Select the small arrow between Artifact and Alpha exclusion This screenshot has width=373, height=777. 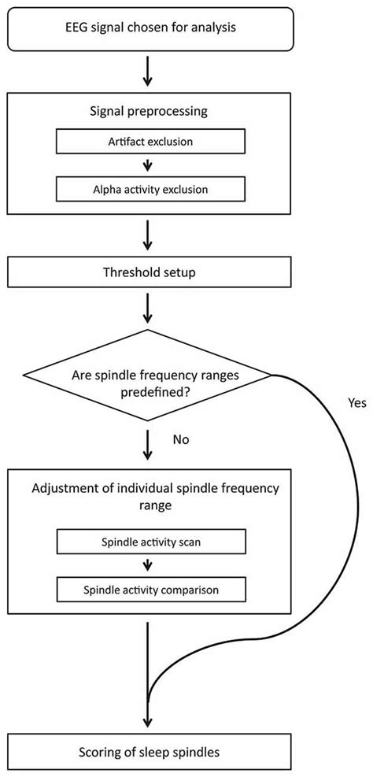[148, 166]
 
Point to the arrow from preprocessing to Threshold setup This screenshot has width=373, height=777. [148, 234]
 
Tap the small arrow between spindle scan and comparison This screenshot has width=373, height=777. [148, 565]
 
